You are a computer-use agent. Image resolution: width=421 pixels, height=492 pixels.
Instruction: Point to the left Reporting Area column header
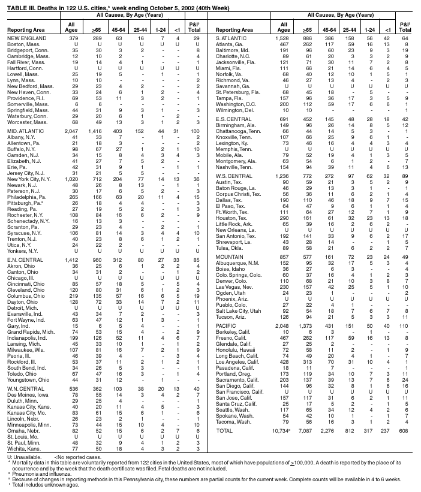point(24,29)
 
